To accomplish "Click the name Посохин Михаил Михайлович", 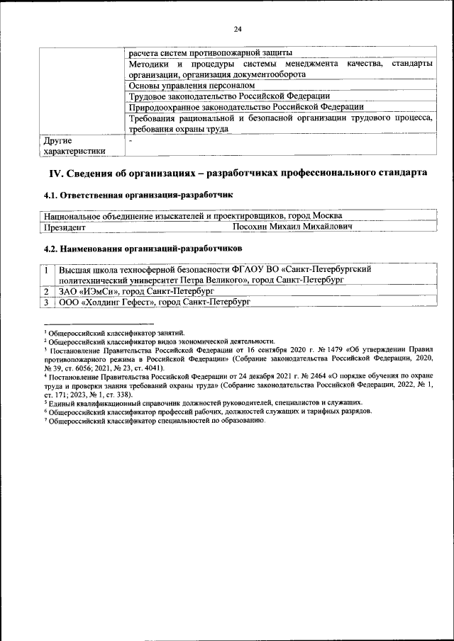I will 293,228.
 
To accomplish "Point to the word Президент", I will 65,228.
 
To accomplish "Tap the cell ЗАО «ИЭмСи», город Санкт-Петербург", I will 136,291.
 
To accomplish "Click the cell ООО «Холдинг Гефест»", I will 155,302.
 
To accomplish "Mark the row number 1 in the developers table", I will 46,270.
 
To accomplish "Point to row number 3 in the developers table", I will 46,302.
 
